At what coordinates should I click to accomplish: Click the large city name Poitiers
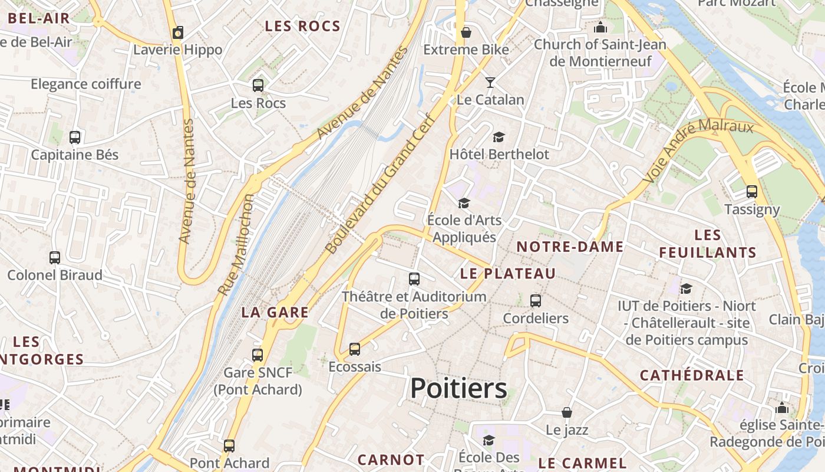coord(458,388)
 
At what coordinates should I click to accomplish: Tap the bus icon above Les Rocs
coord(258,86)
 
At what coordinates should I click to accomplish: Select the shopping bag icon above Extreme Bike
coord(466,32)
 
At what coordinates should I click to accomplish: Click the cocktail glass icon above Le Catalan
coord(490,82)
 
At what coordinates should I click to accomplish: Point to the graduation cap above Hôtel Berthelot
coord(499,137)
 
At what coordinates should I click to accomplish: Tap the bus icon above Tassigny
coord(752,191)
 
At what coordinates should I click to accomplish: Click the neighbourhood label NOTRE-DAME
coord(570,247)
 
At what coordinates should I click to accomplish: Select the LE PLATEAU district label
coord(508,274)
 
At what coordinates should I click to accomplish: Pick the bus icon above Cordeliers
coord(536,301)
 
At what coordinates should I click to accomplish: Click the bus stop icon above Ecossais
coord(355,349)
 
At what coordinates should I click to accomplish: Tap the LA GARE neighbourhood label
coord(275,313)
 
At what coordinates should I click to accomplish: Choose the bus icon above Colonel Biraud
coord(55,258)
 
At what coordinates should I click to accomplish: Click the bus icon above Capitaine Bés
coord(75,137)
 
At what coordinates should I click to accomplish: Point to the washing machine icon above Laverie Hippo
coord(178,32)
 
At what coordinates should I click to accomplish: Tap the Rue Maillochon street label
coord(237,244)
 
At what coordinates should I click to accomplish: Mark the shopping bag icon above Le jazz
coord(567,412)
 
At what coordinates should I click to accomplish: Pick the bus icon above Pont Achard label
coord(229,445)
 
